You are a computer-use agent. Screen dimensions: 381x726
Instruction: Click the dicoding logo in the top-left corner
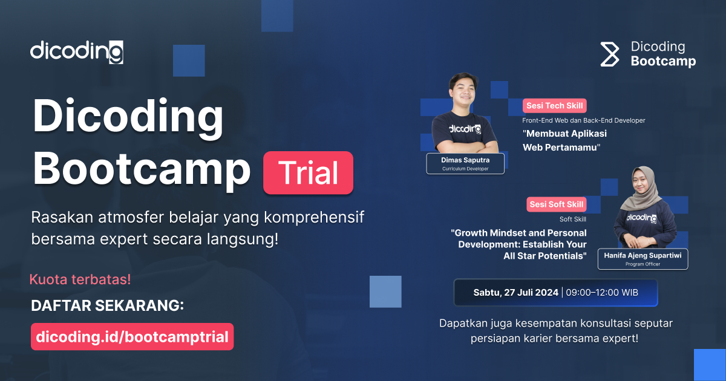pos(77,52)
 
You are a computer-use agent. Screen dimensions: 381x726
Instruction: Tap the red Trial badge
pos(309,173)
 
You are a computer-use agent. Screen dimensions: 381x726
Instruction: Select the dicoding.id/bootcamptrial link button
pos(132,337)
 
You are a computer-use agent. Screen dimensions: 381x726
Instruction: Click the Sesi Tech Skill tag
pos(555,106)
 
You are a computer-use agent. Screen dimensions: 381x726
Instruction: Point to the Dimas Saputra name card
pos(465,164)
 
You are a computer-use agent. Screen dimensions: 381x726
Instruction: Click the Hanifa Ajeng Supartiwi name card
pos(643,259)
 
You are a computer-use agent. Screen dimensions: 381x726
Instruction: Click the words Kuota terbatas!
pos(80,280)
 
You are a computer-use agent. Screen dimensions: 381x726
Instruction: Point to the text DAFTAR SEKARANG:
pos(108,306)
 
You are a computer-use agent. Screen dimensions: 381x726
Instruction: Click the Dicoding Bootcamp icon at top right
pos(610,54)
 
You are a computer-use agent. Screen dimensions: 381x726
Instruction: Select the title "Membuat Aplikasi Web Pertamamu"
pos(564,140)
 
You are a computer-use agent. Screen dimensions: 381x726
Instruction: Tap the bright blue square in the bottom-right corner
pos(710,365)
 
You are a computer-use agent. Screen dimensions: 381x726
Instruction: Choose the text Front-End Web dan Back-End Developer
pos(584,120)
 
